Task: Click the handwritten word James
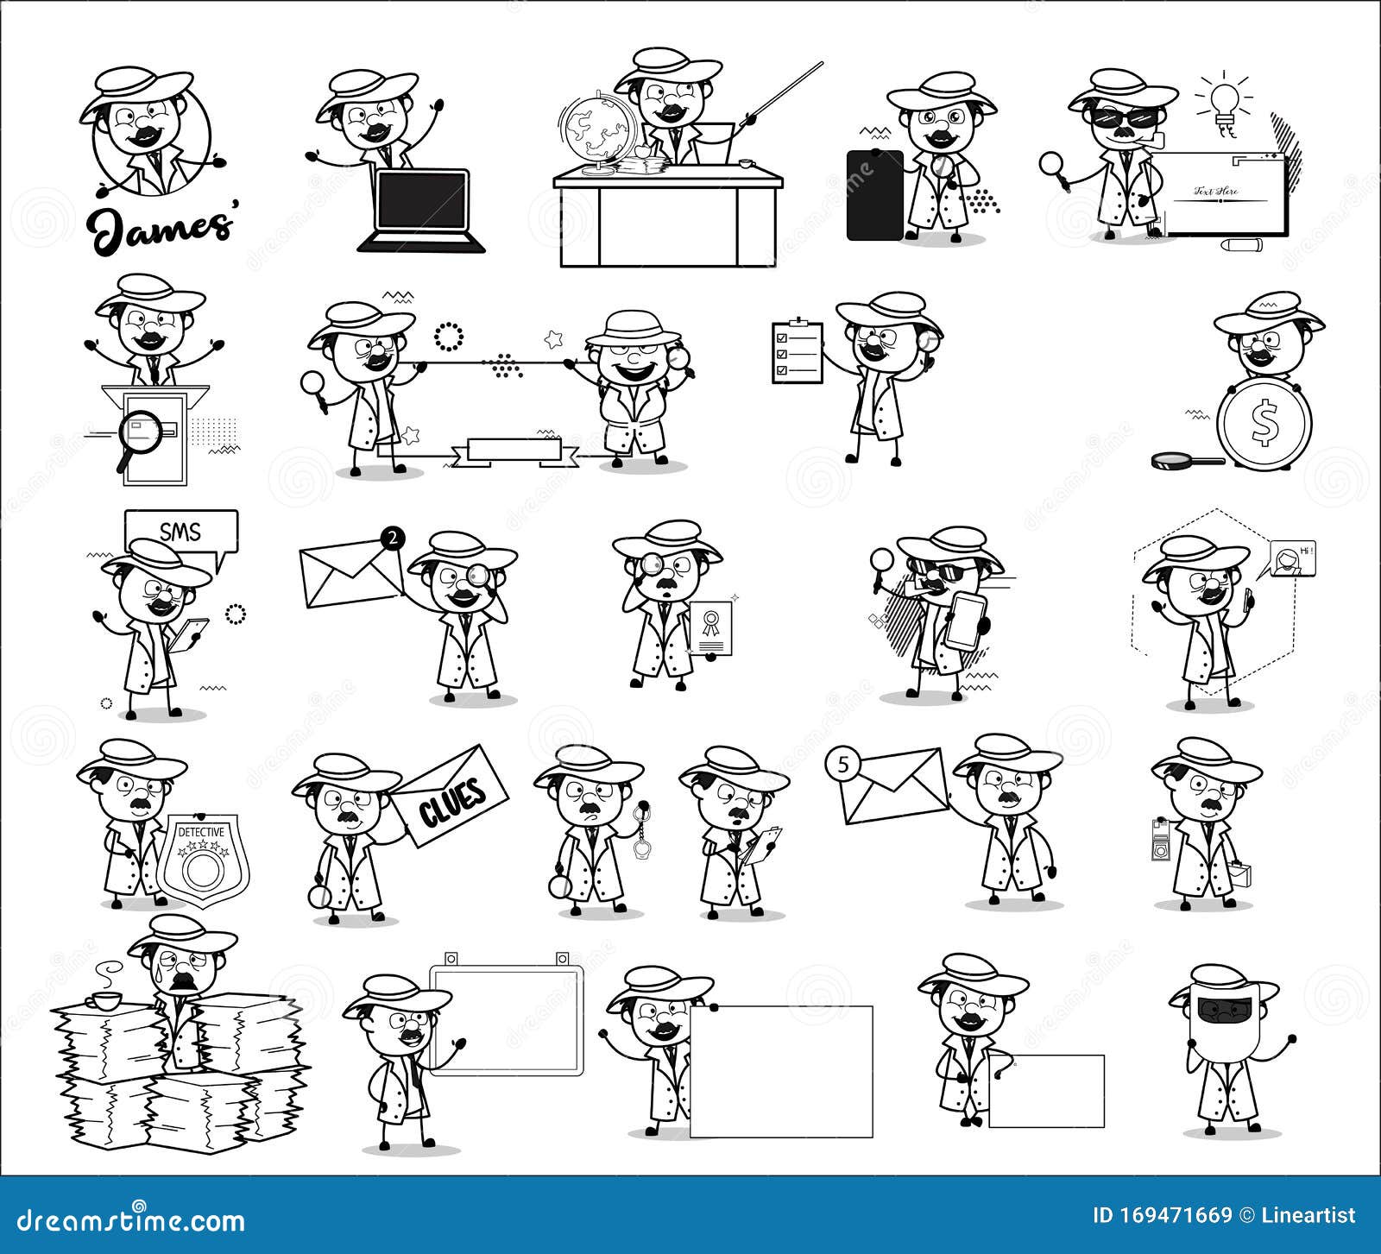point(161,227)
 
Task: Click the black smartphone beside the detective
point(874,195)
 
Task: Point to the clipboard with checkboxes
point(798,352)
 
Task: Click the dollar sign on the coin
point(1264,422)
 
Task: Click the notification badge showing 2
point(393,539)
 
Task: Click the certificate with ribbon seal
point(711,628)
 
